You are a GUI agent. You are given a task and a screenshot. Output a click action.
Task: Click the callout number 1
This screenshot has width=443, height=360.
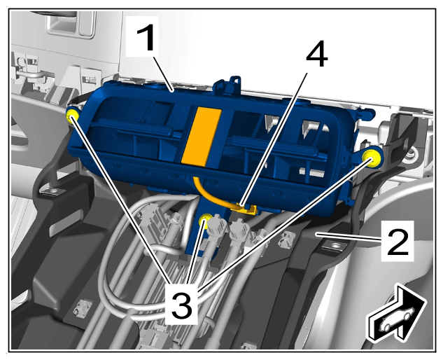pos(146,38)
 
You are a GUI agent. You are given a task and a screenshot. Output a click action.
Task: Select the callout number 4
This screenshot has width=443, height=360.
pos(317,56)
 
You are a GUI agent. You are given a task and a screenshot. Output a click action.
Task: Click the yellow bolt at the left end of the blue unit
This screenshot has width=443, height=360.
pos(72,116)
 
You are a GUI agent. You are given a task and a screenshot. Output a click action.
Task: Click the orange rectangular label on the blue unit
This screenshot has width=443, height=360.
pos(201,136)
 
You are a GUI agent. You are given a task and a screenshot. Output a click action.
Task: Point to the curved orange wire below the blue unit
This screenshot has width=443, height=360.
pos(208,196)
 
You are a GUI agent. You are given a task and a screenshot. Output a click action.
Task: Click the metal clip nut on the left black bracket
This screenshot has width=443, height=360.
pos(52,192)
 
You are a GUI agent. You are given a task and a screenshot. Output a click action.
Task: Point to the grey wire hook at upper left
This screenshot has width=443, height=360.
pos(31,74)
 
